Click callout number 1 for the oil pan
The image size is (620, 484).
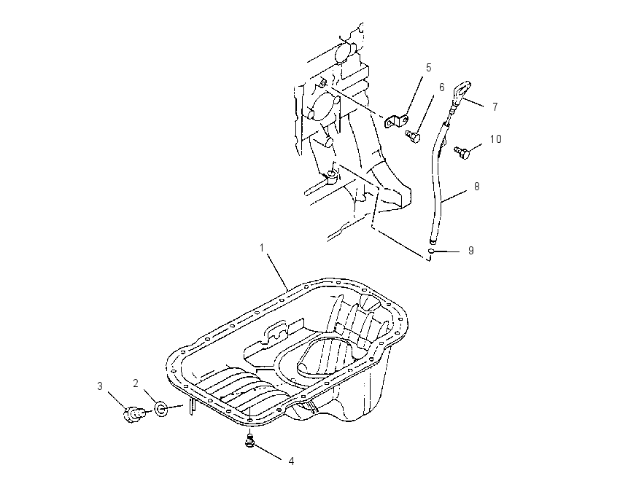pyautogui.click(x=261, y=248)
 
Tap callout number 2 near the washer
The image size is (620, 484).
pyautogui.click(x=136, y=383)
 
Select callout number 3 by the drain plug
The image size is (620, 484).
pyautogui.click(x=100, y=386)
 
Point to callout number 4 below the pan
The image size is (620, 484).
pyautogui.click(x=292, y=461)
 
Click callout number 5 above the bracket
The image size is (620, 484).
pyautogui.click(x=429, y=68)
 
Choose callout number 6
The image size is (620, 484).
pyautogui.click(x=442, y=87)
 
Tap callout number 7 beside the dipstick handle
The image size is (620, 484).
pyautogui.click(x=495, y=106)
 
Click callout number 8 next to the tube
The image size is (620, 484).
pyautogui.click(x=476, y=186)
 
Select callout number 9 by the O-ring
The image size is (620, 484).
pyautogui.click(x=470, y=251)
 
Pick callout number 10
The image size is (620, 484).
pyautogui.click(x=495, y=139)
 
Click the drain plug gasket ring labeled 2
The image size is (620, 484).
pyautogui.click(x=161, y=408)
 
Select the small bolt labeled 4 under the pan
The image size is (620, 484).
pyautogui.click(x=249, y=440)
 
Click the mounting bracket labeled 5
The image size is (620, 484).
pyautogui.click(x=397, y=121)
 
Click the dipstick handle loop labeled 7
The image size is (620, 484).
pyautogui.click(x=462, y=90)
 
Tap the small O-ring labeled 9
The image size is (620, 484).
pyautogui.click(x=432, y=251)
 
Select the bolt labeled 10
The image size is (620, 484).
pyautogui.click(x=462, y=152)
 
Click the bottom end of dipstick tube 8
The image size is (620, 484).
pyautogui.click(x=433, y=241)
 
